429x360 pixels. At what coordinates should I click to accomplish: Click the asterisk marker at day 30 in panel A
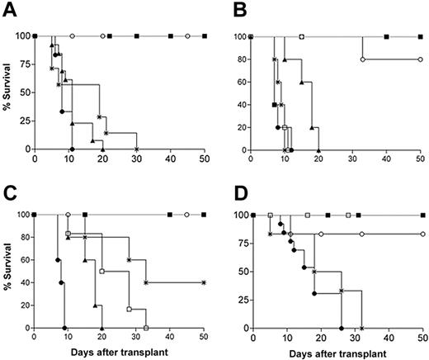tap(136, 149)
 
